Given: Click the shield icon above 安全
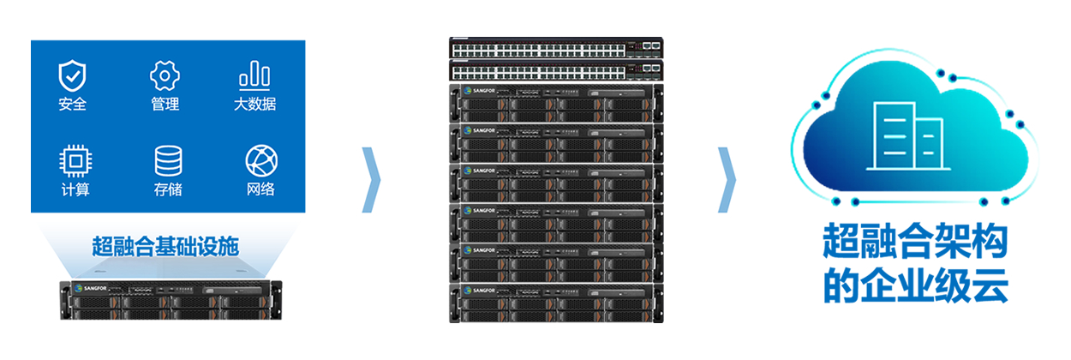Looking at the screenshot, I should tap(73, 75).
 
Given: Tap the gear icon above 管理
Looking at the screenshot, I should tap(165, 75).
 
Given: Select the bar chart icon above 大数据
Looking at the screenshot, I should tap(254, 75).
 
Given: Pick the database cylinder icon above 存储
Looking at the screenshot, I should tap(167, 160).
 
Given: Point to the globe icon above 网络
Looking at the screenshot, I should tap(260, 160).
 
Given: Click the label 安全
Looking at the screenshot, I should tap(73, 105).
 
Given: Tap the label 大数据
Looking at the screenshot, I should tap(254, 105).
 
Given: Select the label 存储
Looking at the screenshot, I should tap(167, 189).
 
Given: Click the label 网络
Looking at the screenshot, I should tap(260, 189).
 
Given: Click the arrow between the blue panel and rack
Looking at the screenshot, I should tap(371, 181).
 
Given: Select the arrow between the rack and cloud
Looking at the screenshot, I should tap(727, 181).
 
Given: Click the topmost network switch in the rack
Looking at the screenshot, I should tap(556, 46).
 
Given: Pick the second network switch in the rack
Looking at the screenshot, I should tap(556, 69).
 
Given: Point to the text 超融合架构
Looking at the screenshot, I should tap(914, 243).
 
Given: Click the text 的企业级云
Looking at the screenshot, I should tap(914, 286).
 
